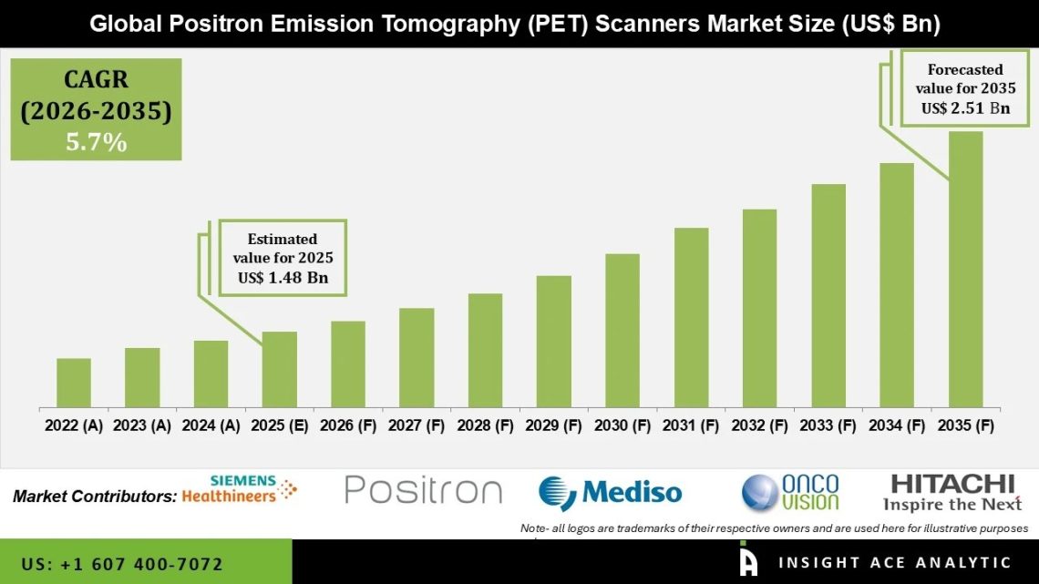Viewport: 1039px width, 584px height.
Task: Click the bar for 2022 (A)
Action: click(74, 383)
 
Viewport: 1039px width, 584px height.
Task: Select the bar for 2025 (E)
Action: click(280, 369)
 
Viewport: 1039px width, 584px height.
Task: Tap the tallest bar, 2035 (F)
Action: click(965, 269)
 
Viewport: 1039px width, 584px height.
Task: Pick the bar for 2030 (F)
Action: click(622, 330)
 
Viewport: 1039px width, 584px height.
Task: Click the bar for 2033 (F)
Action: click(828, 295)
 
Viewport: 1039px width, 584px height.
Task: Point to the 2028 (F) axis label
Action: click(485, 425)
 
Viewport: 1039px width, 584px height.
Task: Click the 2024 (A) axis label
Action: click(211, 425)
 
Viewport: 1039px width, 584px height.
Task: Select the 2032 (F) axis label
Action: click(759, 425)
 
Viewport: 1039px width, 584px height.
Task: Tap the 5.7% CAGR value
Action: click(96, 142)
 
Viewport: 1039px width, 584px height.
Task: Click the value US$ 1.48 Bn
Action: click(283, 278)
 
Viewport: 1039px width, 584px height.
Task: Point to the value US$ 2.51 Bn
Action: click(965, 108)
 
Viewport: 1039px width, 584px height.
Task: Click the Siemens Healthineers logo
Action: click(240, 489)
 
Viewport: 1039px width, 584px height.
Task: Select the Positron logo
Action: click(424, 490)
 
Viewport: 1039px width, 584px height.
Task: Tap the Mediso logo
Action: click(610, 493)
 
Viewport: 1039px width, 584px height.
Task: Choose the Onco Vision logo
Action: click(790, 492)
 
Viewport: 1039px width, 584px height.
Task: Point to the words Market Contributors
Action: click(95, 497)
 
